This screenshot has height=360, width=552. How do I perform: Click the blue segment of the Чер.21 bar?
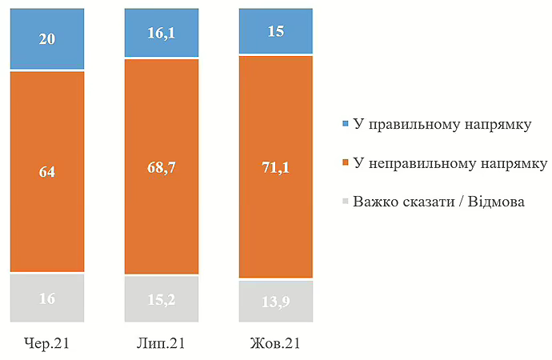tap(46, 38)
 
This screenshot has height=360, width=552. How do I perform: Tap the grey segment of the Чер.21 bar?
tap(46, 298)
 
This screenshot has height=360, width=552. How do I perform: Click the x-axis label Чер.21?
tap(46, 344)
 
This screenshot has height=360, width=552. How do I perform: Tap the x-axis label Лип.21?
tap(162, 344)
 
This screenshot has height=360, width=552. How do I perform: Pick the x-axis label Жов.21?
tap(276, 344)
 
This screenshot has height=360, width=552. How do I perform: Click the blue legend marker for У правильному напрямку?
tap(345, 124)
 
